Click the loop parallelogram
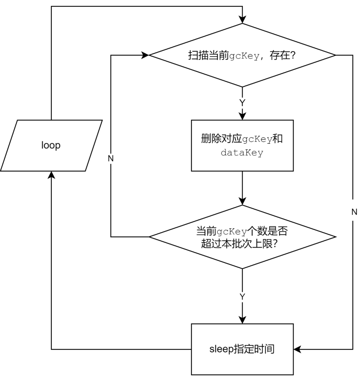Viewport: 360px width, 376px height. (x=51, y=146)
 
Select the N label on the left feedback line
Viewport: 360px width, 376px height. (x=111, y=159)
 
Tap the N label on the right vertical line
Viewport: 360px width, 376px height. (x=354, y=212)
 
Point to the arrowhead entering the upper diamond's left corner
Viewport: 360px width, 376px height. (x=145, y=55)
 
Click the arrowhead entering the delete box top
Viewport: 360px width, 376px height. (x=242, y=116)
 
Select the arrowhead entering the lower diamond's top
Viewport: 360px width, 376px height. (x=242, y=201)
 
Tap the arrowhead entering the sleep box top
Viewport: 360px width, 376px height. (x=242, y=320)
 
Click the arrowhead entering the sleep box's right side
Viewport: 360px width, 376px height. (x=298, y=349)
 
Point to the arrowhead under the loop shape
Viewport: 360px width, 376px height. (x=51, y=175)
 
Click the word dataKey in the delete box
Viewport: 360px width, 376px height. (x=242, y=153)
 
